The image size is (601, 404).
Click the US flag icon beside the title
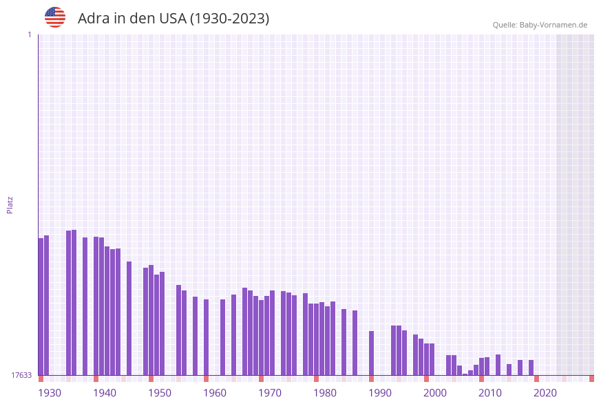(x=55, y=17)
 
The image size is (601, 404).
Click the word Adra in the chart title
(x=92, y=19)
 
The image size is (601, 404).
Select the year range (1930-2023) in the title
(x=229, y=19)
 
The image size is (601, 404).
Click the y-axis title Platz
(x=10, y=204)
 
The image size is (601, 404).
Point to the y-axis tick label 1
(x=29, y=34)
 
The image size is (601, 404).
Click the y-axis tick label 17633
(x=21, y=375)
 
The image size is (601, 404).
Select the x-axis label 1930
(x=49, y=393)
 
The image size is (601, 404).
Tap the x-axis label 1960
(x=215, y=393)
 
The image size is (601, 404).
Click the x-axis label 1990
(x=380, y=393)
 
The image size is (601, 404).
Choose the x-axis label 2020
(x=545, y=393)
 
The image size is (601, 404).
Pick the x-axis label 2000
(x=435, y=393)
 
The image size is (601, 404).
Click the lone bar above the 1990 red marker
(x=371, y=353)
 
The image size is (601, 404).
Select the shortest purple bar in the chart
(x=465, y=374)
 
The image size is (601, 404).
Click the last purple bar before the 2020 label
(x=531, y=367)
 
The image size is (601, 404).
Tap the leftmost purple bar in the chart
(x=41, y=306)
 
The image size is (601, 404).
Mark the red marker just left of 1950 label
(x=151, y=379)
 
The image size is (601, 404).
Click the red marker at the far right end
(x=591, y=379)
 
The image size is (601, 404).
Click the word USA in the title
(x=172, y=19)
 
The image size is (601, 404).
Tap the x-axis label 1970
(x=270, y=393)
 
